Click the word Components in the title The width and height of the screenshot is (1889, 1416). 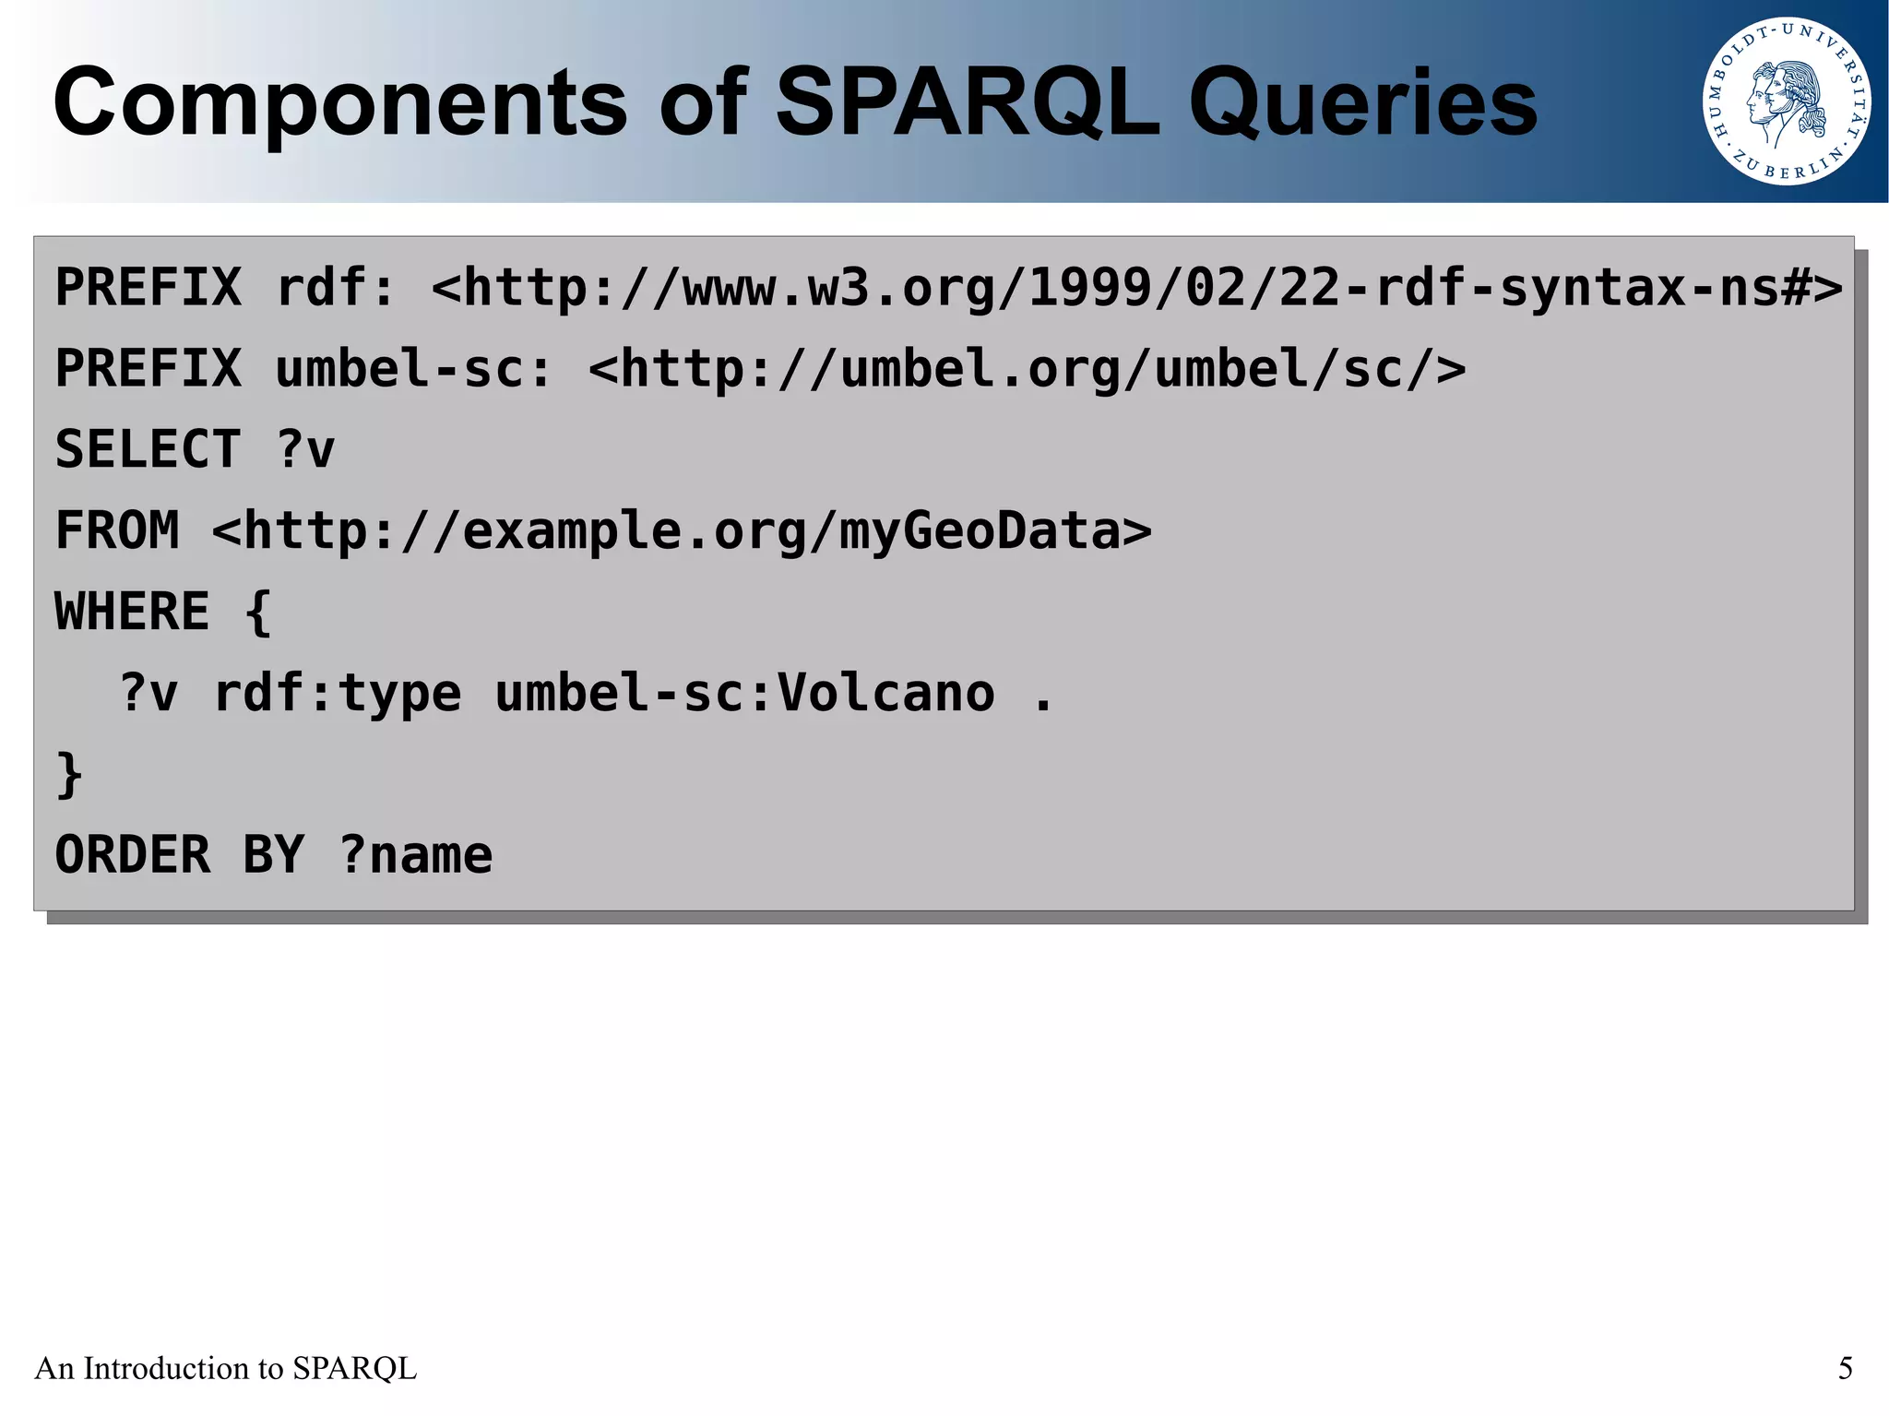[339, 103]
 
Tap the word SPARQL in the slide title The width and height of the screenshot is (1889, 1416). [968, 103]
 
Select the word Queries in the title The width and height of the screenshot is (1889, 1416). [1362, 103]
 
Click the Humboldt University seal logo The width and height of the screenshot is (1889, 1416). [1786, 101]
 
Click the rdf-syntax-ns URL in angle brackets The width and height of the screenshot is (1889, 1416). [1136, 287]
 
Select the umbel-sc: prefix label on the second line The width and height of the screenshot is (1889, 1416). [413, 368]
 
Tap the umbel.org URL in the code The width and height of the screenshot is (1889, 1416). [1027, 368]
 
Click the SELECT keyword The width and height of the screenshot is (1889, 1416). [148, 449]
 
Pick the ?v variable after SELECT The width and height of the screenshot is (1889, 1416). [305, 449]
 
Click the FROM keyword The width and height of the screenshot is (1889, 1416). [117, 530]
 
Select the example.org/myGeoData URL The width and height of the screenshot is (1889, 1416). [682, 530]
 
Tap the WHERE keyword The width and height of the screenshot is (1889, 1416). [132, 612]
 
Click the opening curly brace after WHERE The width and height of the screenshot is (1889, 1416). [258, 612]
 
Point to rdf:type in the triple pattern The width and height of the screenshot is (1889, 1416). [337, 693]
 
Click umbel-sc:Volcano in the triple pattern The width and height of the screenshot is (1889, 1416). [744, 693]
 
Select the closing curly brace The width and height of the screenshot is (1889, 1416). [69, 774]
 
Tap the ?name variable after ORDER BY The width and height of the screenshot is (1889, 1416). [415, 855]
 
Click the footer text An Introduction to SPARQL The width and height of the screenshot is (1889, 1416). [225, 1368]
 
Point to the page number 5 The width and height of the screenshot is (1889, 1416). [1845, 1368]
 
